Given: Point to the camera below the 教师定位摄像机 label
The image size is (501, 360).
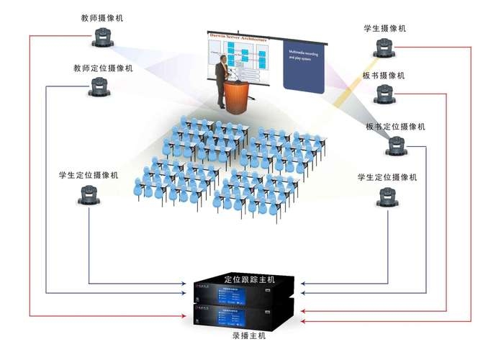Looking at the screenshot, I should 100,88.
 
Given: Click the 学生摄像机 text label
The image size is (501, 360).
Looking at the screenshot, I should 385,28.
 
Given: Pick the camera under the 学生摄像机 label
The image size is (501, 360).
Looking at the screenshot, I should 384,48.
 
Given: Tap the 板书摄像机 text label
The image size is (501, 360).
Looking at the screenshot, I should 384,76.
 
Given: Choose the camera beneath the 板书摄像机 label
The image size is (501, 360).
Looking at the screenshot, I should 384,94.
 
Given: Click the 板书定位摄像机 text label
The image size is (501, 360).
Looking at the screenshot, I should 395,127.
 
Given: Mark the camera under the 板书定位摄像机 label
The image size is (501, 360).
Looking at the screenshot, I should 397,146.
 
